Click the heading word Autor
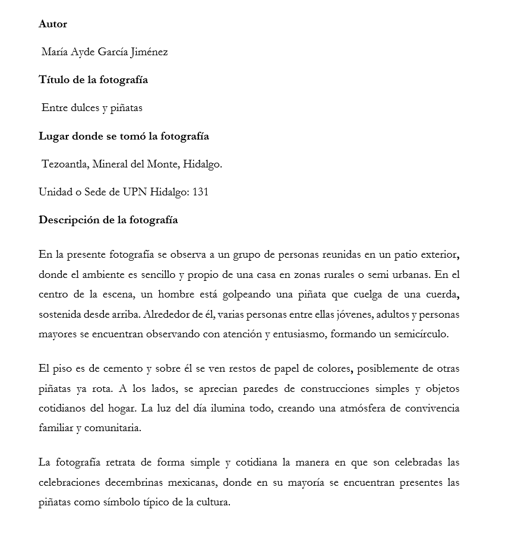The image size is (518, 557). pos(53,24)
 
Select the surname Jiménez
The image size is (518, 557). pos(149,52)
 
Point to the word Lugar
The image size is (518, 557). pos(53,136)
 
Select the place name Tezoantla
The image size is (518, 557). pos(65,164)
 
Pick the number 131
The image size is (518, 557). pos(200,192)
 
